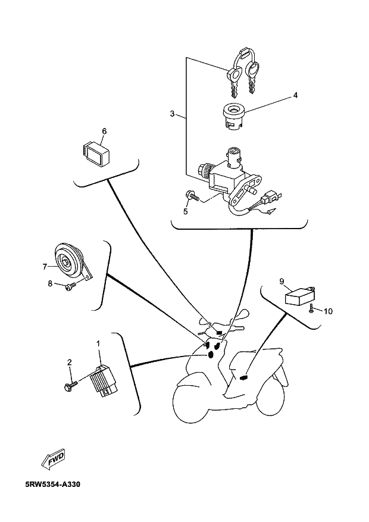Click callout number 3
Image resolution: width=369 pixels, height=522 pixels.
172,114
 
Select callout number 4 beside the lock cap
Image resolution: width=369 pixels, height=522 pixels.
295,96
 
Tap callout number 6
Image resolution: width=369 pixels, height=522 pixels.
105,132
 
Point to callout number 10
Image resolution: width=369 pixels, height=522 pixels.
328,311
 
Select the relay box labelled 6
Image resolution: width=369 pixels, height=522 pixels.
96,154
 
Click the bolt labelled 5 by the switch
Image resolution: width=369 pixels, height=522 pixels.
192,196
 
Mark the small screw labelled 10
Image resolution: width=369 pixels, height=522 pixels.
311,308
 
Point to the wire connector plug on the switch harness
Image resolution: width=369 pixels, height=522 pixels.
269,199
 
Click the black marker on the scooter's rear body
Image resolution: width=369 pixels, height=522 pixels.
244,377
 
